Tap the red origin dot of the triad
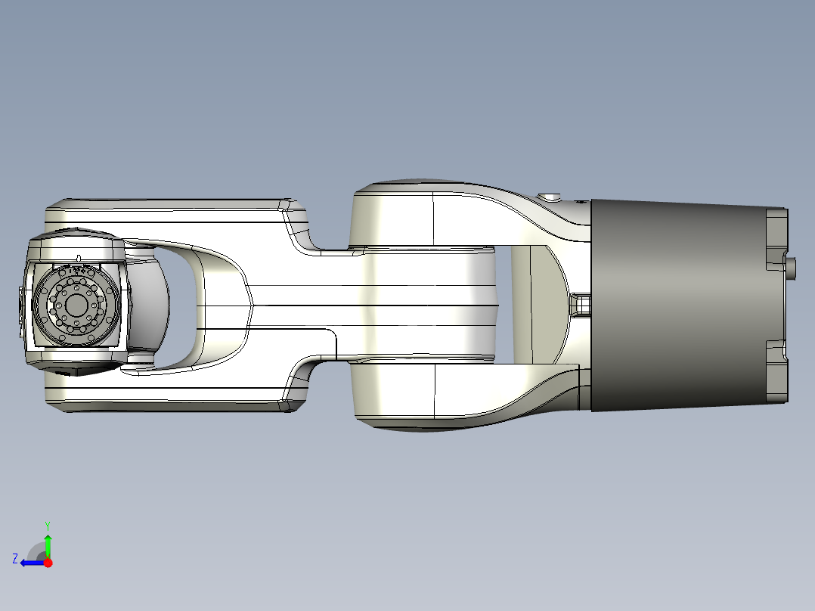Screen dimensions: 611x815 coord(48,563)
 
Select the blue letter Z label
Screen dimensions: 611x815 coord(15,559)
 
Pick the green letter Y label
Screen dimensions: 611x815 coord(48,525)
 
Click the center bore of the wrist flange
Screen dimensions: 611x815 coord(76,305)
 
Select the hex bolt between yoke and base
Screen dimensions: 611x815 coord(580,305)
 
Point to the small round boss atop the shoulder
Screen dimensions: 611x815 coord(550,197)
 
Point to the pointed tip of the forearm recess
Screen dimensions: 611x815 coord(251,305)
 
